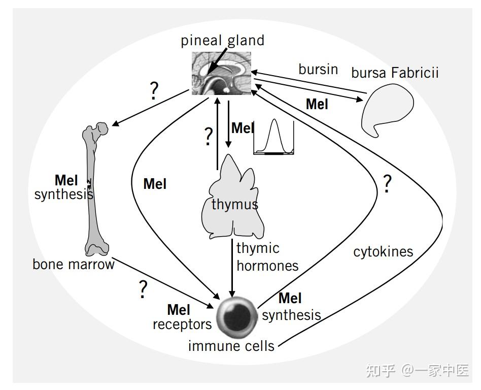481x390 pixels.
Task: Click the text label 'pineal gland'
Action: (222, 41)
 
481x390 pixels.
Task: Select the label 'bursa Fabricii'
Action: (395, 73)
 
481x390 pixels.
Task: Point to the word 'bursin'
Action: (318, 69)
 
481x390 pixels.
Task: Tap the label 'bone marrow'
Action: (74, 265)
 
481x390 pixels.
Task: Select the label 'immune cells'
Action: (231, 346)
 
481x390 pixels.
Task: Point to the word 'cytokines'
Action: (383, 252)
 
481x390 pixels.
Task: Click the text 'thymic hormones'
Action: (267, 257)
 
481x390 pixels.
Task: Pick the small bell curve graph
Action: (273, 137)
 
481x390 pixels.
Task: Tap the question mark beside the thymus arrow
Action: (208, 137)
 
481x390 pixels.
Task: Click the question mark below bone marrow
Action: (143, 289)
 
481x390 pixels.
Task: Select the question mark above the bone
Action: (154, 90)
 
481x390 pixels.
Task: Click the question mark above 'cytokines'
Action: (387, 184)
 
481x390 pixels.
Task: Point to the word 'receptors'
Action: (182, 324)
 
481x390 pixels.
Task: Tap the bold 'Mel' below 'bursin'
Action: (317, 104)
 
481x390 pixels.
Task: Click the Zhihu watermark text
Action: (417, 371)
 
